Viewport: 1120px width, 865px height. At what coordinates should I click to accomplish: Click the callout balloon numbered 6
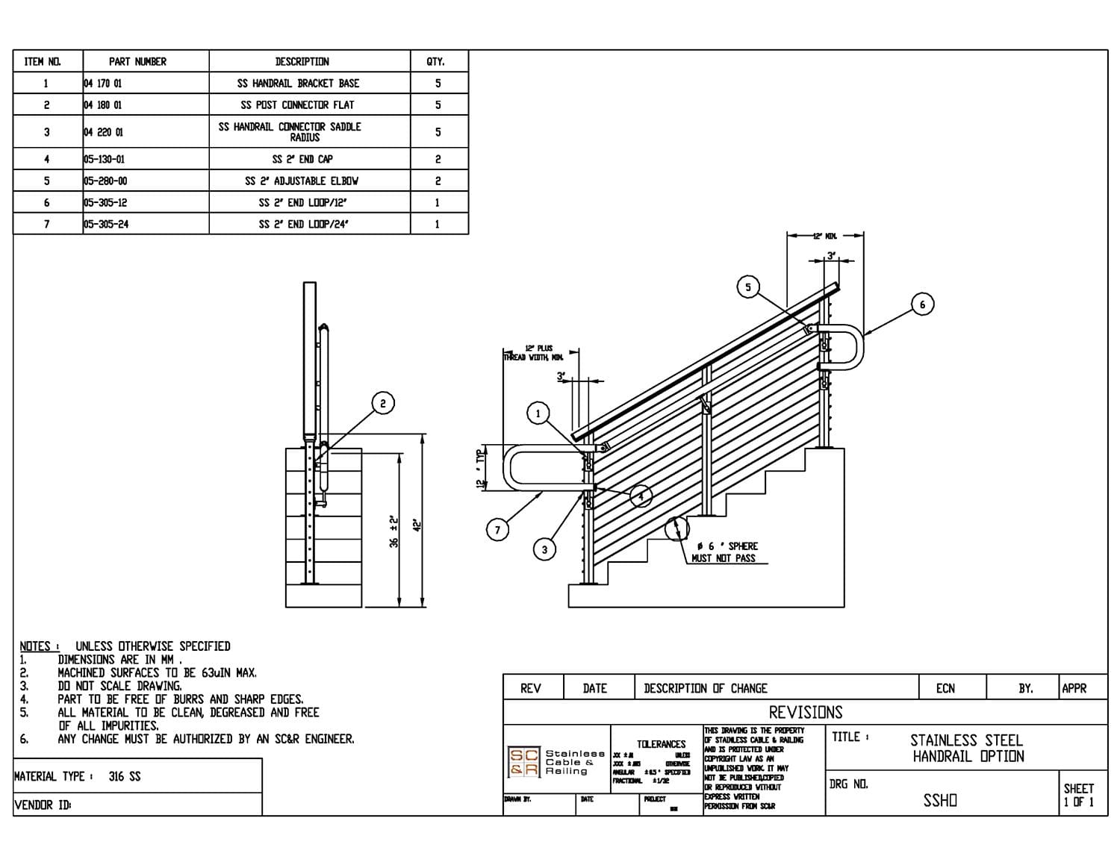922,305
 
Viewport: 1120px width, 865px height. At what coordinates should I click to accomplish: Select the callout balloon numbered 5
748,287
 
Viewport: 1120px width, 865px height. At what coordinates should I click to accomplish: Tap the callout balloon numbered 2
383,404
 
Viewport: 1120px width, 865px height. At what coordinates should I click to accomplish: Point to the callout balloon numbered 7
498,530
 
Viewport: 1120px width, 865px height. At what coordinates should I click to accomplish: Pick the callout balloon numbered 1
538,413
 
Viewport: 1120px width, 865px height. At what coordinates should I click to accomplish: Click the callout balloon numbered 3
544,549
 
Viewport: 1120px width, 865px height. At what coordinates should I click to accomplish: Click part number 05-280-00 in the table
105,181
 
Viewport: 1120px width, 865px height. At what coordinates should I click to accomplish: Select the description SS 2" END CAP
302,159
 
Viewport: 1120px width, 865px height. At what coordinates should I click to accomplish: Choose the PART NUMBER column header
137,61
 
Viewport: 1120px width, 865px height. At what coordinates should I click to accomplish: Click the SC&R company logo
523,761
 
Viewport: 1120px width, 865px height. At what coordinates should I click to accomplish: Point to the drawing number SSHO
940,800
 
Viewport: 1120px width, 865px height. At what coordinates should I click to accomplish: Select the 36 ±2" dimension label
394,531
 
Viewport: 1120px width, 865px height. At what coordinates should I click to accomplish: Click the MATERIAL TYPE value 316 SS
124,776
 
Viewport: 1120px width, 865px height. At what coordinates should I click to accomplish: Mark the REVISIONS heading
805,712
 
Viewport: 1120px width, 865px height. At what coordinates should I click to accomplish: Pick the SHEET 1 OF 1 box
1078,795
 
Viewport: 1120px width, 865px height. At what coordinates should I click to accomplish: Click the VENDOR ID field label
43,805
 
